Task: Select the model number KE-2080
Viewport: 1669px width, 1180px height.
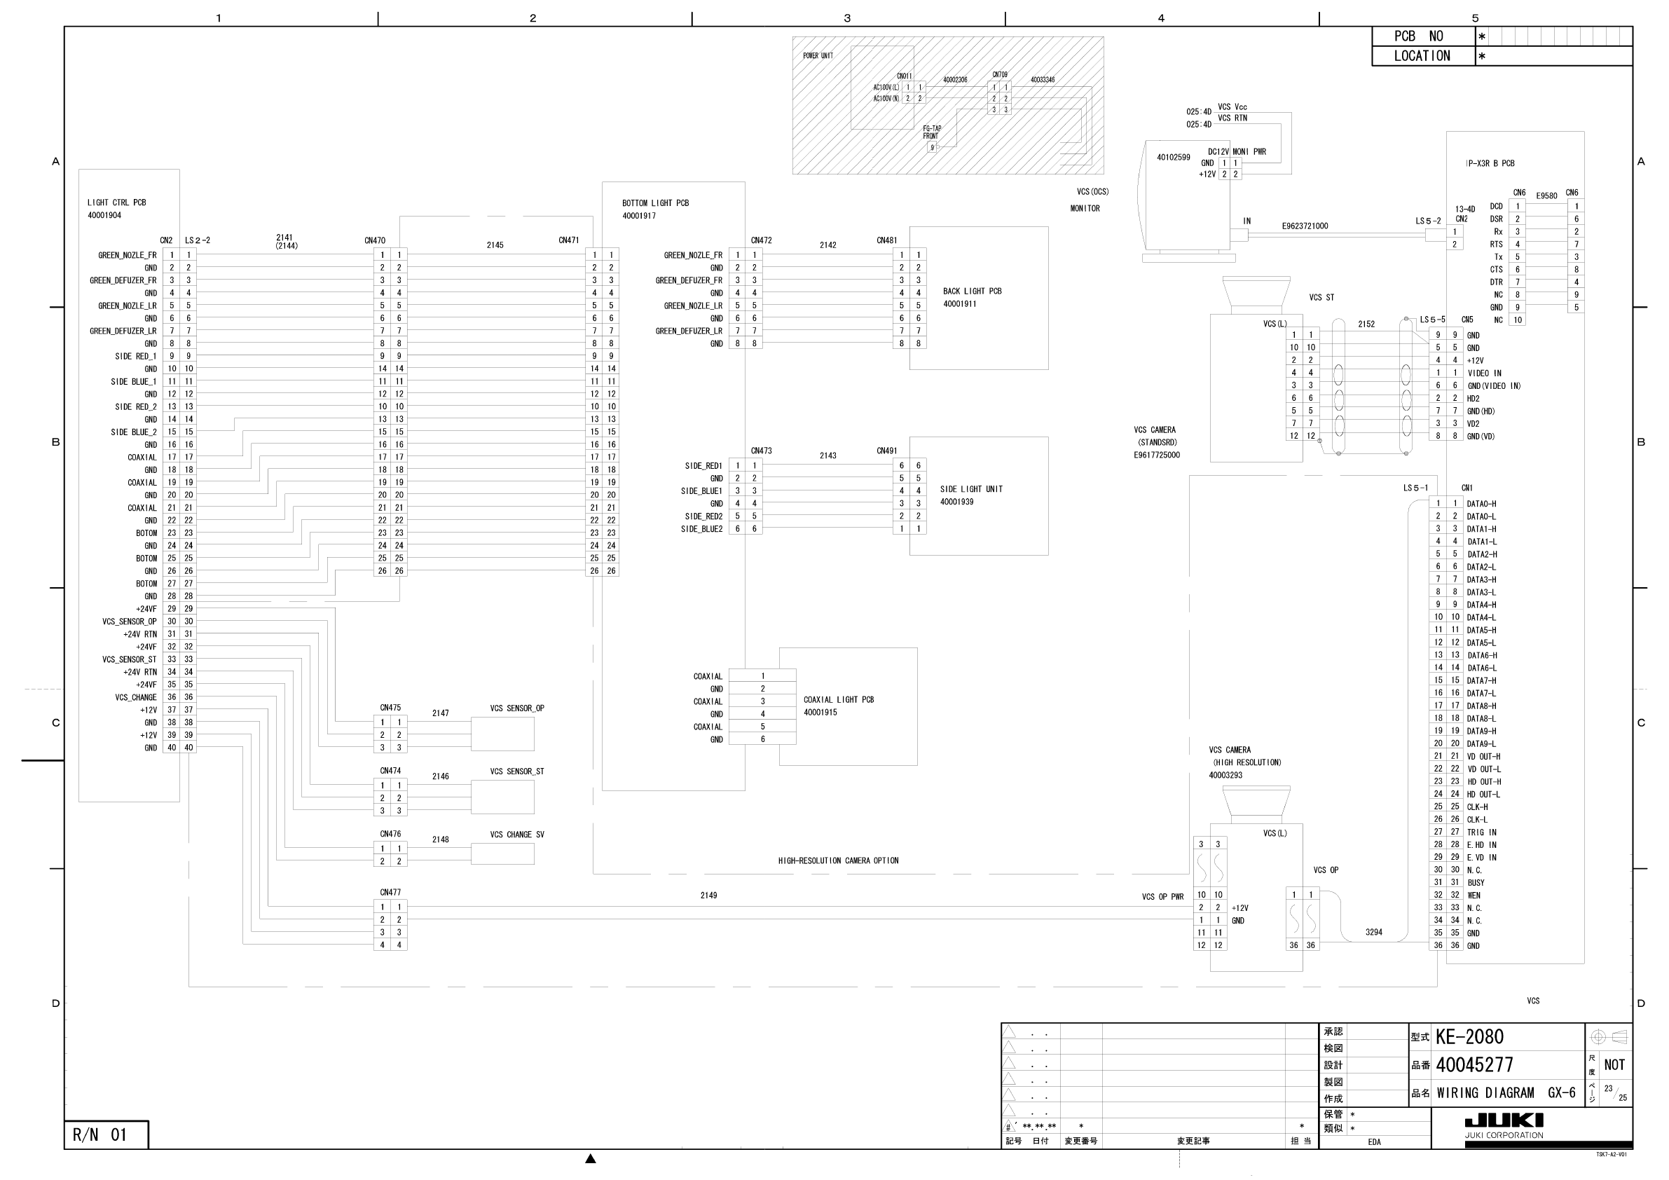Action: (x=1469, y=1037)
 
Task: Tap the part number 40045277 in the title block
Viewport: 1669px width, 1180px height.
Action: (x=1474, y=1065)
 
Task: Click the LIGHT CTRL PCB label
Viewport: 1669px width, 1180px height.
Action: (x=116, y=203)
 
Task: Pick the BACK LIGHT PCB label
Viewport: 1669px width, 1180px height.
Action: (x=972, y=291)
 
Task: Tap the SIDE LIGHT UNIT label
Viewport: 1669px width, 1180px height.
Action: (x=971, y=489)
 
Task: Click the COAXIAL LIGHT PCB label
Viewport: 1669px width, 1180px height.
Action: (x=838, y=700)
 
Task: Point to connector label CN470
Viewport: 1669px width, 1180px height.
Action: (x=375, y=240)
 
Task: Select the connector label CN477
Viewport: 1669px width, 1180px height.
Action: (x=390, y=893)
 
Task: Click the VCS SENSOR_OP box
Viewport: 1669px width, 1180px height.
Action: (x=502, y=734)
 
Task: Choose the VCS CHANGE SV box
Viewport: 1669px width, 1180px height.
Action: (x=502, y=854)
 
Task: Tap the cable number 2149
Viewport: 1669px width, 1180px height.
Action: (x=709, y=896)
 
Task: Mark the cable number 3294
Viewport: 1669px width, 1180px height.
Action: (x=1373, y=932)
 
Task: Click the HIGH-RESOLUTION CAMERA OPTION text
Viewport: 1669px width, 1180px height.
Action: (x=838, y=861)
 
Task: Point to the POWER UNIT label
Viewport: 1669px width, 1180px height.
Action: (x=818, y=56)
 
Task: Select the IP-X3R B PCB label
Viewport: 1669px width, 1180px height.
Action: (x=1490, y=164)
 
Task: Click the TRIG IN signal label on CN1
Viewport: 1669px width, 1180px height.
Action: (x=1481, y=832)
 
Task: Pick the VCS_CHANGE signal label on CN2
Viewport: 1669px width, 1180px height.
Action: (x=135, y=698)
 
